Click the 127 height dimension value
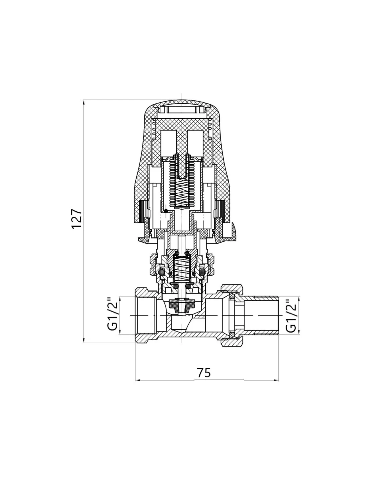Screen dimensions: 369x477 [x=77, y=219]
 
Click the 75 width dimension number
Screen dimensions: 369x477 [x=204, y=373]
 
